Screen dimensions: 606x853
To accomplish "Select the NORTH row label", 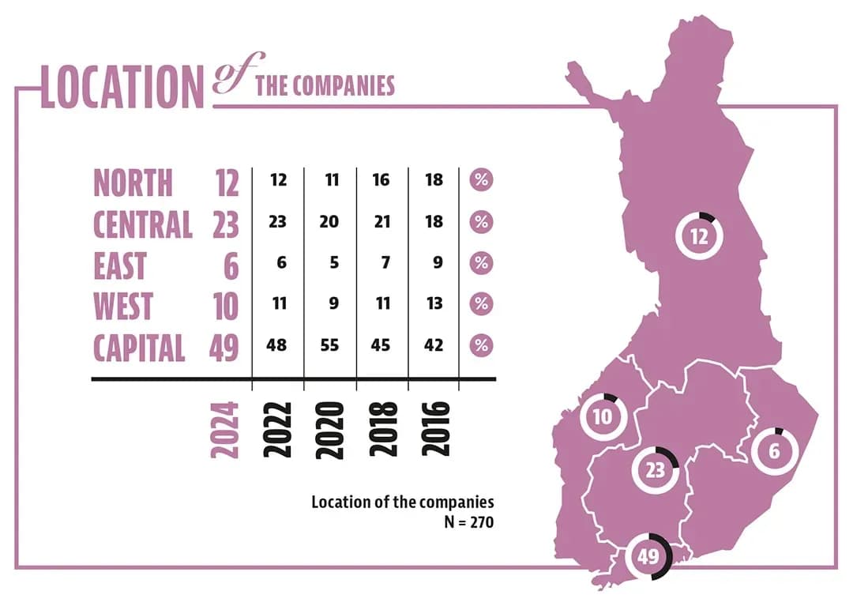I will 133,183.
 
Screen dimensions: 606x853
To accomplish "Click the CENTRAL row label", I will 143,224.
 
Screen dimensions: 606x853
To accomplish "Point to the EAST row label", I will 119,265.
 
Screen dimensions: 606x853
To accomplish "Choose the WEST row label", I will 122,306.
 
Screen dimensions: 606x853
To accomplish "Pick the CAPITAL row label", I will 139,347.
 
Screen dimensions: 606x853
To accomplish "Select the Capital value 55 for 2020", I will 329,345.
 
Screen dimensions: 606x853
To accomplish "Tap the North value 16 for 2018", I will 381,180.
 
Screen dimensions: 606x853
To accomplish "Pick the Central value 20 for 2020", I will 329,222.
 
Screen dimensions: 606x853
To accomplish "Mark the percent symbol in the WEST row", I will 481,304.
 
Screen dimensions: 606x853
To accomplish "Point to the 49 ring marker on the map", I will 648,556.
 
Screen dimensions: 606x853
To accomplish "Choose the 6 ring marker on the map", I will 774,452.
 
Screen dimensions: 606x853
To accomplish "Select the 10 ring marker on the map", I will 603,416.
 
